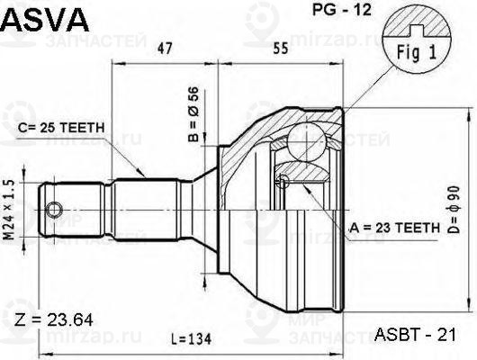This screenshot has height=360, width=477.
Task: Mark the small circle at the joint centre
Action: click(283, 182)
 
